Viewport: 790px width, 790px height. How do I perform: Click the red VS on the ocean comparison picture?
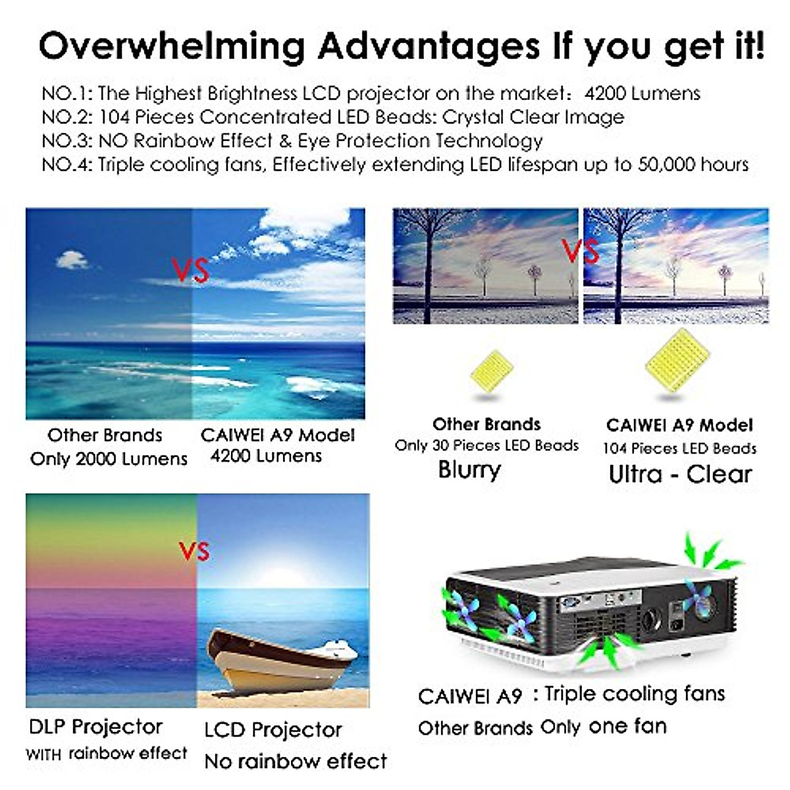coord(190,269)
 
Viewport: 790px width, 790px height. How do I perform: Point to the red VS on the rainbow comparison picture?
coord(194,551)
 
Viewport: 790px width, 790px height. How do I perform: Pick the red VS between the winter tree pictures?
coord(580,250)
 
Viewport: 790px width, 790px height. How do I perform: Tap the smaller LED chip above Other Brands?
coord(490,372)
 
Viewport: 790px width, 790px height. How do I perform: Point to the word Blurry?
coord(469,470)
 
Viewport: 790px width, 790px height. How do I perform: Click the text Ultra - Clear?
coord(679,474)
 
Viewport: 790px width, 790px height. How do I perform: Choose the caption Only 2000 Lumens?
coord(109,459)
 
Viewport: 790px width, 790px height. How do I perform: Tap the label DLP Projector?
coord(95,727)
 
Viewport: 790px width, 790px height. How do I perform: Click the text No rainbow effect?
coord(296,762)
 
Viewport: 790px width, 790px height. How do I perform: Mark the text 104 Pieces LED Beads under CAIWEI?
coord(679,449)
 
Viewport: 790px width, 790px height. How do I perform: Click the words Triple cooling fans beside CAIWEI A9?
coord(635,693)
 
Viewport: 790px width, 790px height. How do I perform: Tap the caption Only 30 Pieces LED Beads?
coord(487,446)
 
